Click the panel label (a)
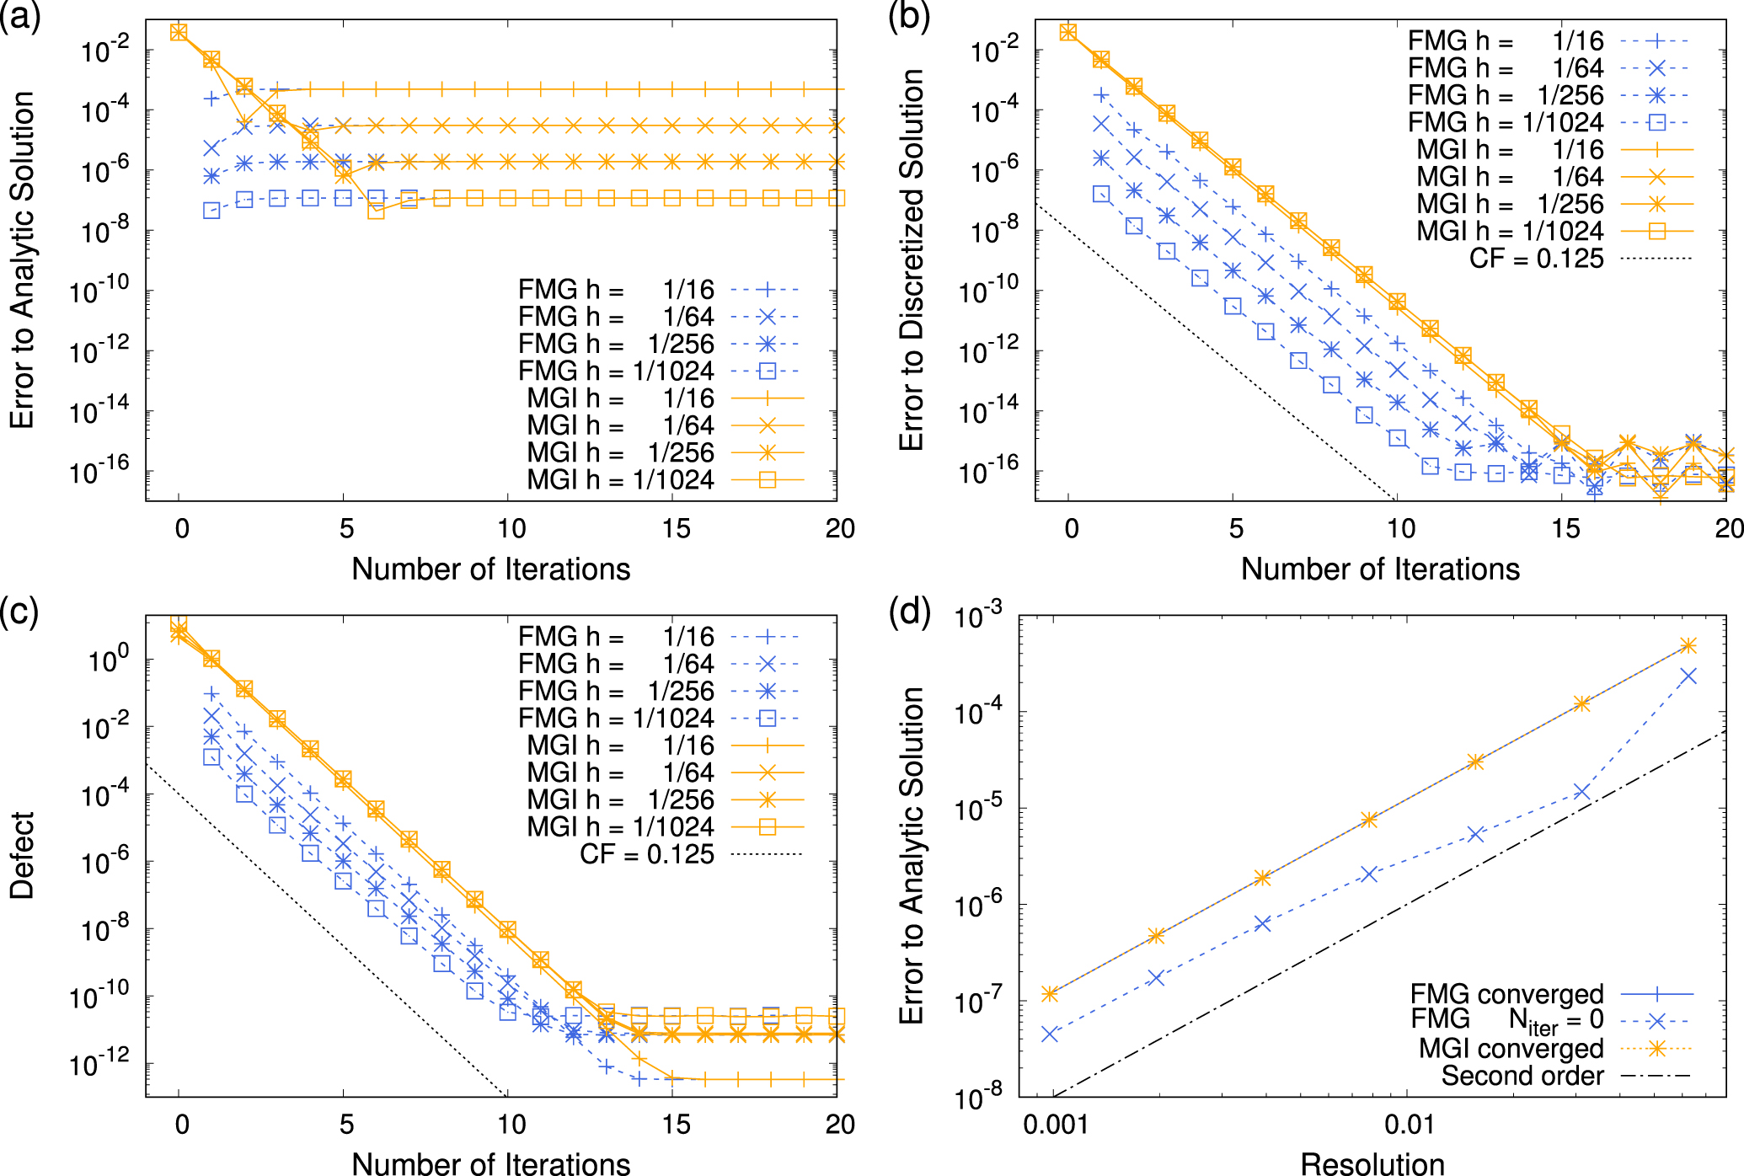tap(21, 17)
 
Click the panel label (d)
tap(910, 612)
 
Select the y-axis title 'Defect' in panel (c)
tap(22, 855)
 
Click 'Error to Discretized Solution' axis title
tap(912, 259)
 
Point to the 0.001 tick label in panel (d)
tap(1055, 1124)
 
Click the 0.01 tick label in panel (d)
tap(1410, 1124)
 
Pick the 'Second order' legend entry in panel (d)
tap(1522, 1076)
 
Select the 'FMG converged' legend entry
tap(1507, 994)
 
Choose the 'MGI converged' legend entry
tap(1511, 1049)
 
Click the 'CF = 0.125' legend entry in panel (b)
tap(1537, 258)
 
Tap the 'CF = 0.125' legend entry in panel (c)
tap(647, 854)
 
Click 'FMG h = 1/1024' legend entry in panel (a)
tap(616, 371)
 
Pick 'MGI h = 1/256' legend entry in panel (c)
tap(621, 799)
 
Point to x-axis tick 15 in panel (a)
tap(676, 529)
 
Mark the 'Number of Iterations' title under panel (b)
tap(1380, 569)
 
